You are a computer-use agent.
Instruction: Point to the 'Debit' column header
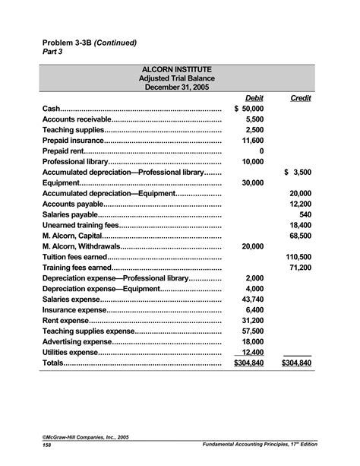[254, 98]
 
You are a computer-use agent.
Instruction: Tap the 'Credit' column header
[301, 98]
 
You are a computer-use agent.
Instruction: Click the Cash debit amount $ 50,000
[249, 109]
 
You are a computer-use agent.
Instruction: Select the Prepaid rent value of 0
[261, 151]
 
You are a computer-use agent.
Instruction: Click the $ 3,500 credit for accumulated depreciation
[298, 173]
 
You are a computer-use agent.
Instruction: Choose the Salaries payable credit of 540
[305, 215]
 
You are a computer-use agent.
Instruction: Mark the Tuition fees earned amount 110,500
[298, 258]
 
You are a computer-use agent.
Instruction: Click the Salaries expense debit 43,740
[252, 300]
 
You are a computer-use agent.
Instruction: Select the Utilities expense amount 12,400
[252, 353]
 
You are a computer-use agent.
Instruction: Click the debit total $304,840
[248, 364]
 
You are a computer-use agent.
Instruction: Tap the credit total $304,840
[296, 364]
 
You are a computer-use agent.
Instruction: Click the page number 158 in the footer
[48, 445]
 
